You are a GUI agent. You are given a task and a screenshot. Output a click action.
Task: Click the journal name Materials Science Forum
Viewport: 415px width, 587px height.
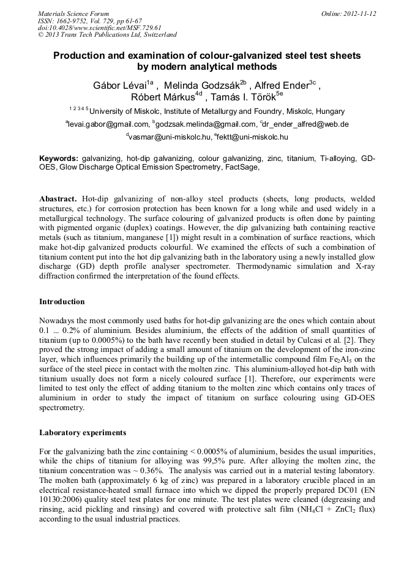[x=73, y=13]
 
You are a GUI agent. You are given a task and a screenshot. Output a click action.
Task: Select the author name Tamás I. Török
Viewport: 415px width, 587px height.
[x=244, y=98]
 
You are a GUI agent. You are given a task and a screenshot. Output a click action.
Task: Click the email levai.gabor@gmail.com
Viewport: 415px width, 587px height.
[x=108, y=124]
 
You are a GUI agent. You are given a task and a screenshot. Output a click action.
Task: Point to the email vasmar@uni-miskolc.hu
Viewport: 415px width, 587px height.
[x=170, y=136]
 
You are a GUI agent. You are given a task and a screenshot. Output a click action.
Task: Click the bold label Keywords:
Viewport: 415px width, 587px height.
[x=59, y=159]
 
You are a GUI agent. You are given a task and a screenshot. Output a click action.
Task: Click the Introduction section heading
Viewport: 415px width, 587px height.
[x=62, y=301]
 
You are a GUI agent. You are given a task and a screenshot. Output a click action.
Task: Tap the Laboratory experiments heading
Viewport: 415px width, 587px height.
[x=83, y=433]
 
